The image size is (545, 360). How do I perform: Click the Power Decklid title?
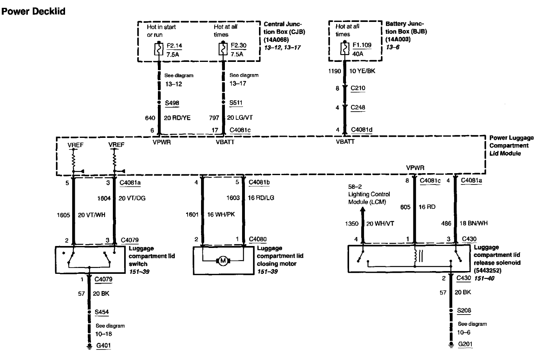click(33, 11)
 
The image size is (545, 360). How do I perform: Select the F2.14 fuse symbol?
click(159, 49)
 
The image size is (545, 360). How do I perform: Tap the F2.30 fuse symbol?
click(223, 49)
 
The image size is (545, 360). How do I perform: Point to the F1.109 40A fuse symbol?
click(344, 49)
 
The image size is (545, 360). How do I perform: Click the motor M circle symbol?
click(223, 261)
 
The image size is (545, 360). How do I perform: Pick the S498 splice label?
click(172, 103)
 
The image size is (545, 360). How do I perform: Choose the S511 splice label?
click(236, 103)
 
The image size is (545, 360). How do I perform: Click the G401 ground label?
click(103, 346)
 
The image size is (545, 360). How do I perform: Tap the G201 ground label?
click(465, 344)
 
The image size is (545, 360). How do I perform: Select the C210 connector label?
click(358, 88)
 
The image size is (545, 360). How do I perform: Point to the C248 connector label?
click(358, 107)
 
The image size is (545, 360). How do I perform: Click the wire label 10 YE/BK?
click(362, 71)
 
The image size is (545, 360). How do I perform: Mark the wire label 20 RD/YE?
click(177, 118)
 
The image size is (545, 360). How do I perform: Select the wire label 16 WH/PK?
click(221, 215)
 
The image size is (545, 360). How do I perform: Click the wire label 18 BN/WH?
click(473, 223)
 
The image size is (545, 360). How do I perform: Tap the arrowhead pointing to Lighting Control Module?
click(362, 210)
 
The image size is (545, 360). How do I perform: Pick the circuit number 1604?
click(104, 199)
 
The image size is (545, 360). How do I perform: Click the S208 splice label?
click(464, 311)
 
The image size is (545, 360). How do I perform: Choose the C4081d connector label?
click(362, 130)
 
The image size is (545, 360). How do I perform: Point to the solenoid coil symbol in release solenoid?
click(415, 256)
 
